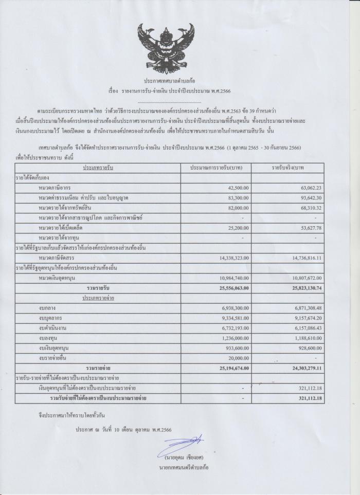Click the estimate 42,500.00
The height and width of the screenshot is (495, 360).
[x=236, y=188]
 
